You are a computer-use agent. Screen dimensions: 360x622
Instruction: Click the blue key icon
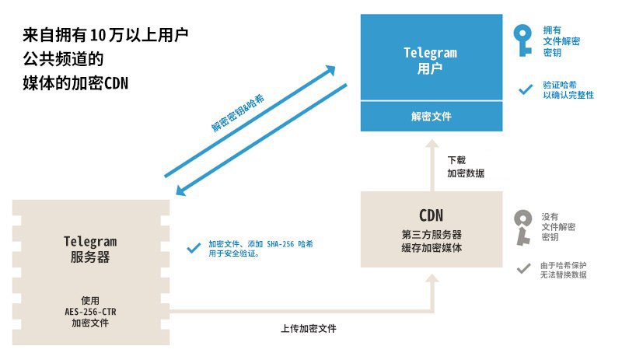click(x=522, y=40)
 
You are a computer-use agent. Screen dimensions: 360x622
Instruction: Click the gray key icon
click(x=522, y=225)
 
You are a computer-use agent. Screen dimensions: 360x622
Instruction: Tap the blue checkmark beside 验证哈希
click(x=525, y=89)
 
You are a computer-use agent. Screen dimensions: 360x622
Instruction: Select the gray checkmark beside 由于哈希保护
click(x=525, y=269)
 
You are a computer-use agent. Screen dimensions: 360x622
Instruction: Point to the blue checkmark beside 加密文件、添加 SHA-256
click(x=194, y=248)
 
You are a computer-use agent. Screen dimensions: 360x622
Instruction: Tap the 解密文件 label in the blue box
click(x=431, y=117)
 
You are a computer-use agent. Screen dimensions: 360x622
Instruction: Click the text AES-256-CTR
click(x=90, y=312)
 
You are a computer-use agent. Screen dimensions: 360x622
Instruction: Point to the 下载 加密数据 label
click(x=466, y=168)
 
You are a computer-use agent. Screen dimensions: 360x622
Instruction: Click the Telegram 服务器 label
click(x=90, y=249)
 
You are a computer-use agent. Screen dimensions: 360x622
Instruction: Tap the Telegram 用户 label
click(x=431, y=60)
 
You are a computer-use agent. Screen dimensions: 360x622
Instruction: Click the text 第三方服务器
click(x=431, y=234)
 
